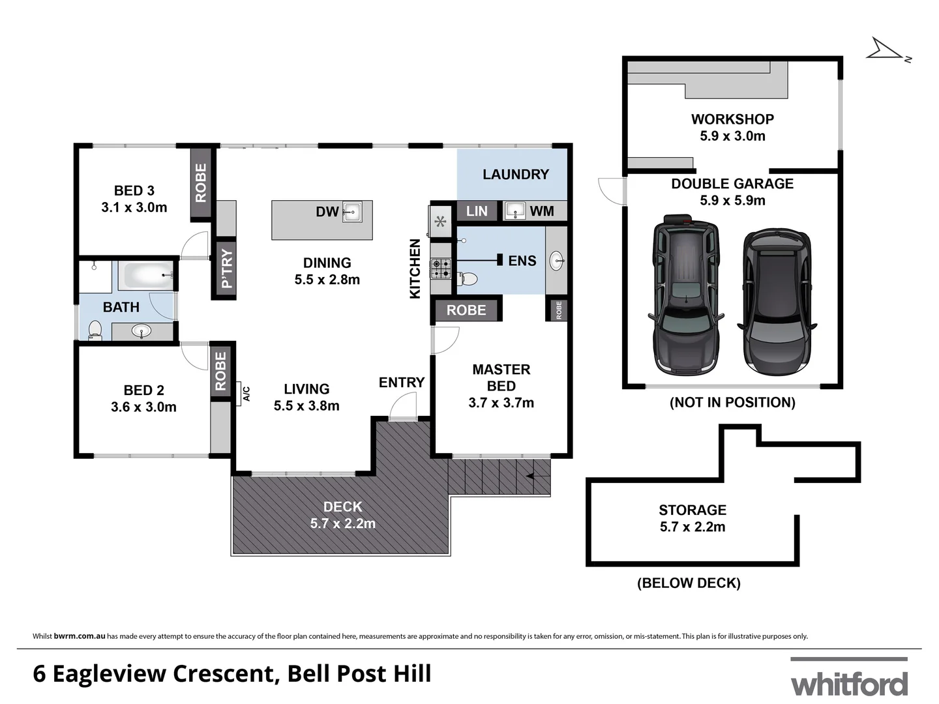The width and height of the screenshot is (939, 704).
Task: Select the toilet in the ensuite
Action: click(467, 278)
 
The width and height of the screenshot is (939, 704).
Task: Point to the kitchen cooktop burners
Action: click(441, 269)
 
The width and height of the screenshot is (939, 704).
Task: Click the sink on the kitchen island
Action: click(352, 211)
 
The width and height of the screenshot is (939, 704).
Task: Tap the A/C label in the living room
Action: click(246, 393)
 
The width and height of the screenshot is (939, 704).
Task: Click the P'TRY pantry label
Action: click(226, 269)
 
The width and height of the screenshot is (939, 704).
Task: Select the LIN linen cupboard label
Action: click(477, 211)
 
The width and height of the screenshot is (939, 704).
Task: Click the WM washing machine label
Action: click(542, 211)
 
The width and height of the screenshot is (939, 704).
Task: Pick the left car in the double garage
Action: click(686, 295)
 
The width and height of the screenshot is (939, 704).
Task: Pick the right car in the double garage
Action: click(777, 301)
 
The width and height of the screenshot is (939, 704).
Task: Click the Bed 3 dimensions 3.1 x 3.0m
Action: click(134, 207)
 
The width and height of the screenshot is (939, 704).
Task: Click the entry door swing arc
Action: click(402, 408)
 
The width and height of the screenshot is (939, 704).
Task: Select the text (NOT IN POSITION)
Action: click(732, 402)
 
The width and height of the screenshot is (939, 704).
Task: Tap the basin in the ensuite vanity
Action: click(558, 261)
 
